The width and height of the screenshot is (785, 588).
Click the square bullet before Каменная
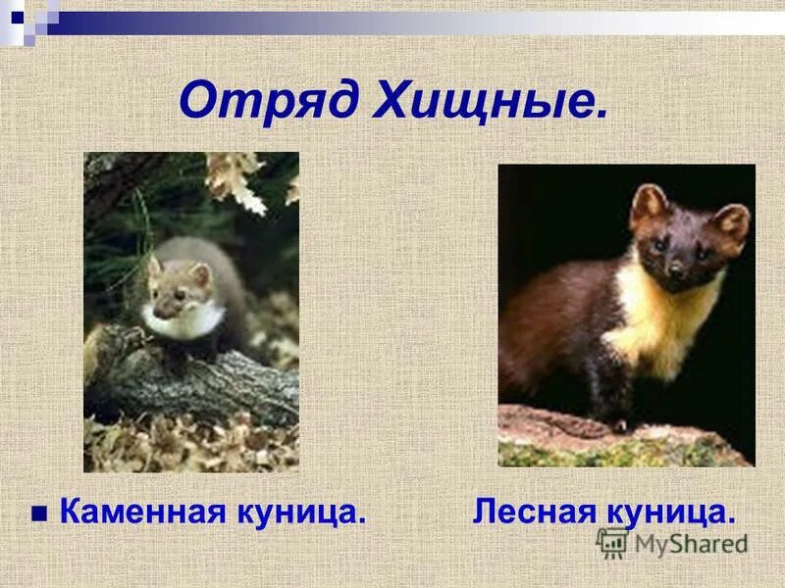click(x=39, y=513)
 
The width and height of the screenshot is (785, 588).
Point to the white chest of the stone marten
click(x=186, y=320)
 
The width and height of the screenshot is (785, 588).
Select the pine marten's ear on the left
click(x=648, y=205)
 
